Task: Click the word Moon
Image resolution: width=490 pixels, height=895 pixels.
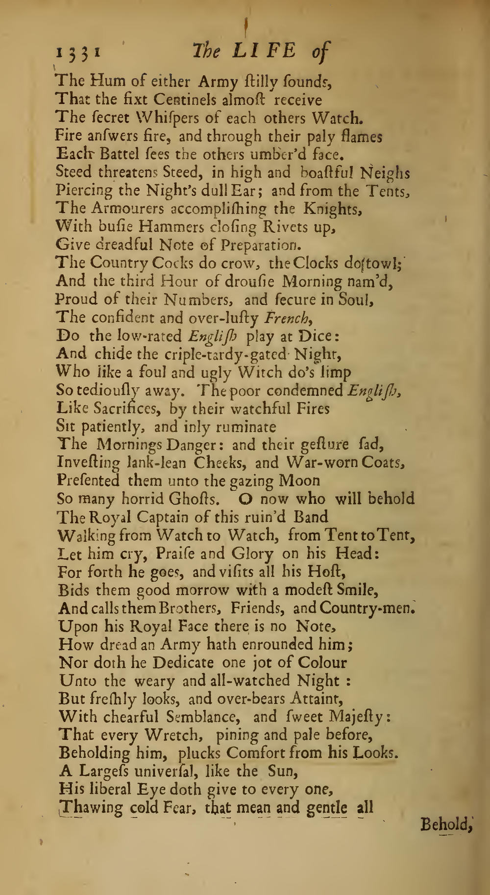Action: pos(299,481)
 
